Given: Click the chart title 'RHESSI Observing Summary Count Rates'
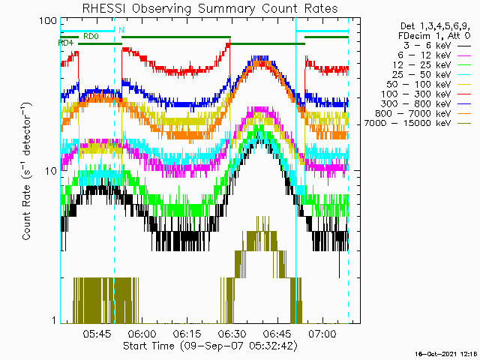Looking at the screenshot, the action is (210, 8).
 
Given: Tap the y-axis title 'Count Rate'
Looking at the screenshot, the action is (26, 212).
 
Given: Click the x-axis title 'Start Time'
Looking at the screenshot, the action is (148, 346).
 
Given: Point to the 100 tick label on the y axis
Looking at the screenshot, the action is (48, 21).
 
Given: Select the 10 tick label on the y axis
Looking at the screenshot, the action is (51, 172).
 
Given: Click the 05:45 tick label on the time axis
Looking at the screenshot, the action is (97, 334).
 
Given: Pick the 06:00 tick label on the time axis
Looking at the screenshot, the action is (142, 334).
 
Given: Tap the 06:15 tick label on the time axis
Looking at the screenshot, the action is (187, 334).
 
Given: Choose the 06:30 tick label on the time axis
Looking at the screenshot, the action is (232, 334).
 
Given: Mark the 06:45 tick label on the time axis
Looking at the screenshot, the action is (277, 334).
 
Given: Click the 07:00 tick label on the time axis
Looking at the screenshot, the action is (322, 334).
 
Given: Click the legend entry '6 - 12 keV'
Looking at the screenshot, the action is (424, 55).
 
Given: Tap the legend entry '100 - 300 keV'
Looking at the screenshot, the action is (415, 94).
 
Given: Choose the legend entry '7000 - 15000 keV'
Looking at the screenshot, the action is (407, 123).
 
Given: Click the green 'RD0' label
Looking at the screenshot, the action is (91, 37).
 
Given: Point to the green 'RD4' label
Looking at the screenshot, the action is (66, 43).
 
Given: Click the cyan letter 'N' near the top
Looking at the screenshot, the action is (121, 30).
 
